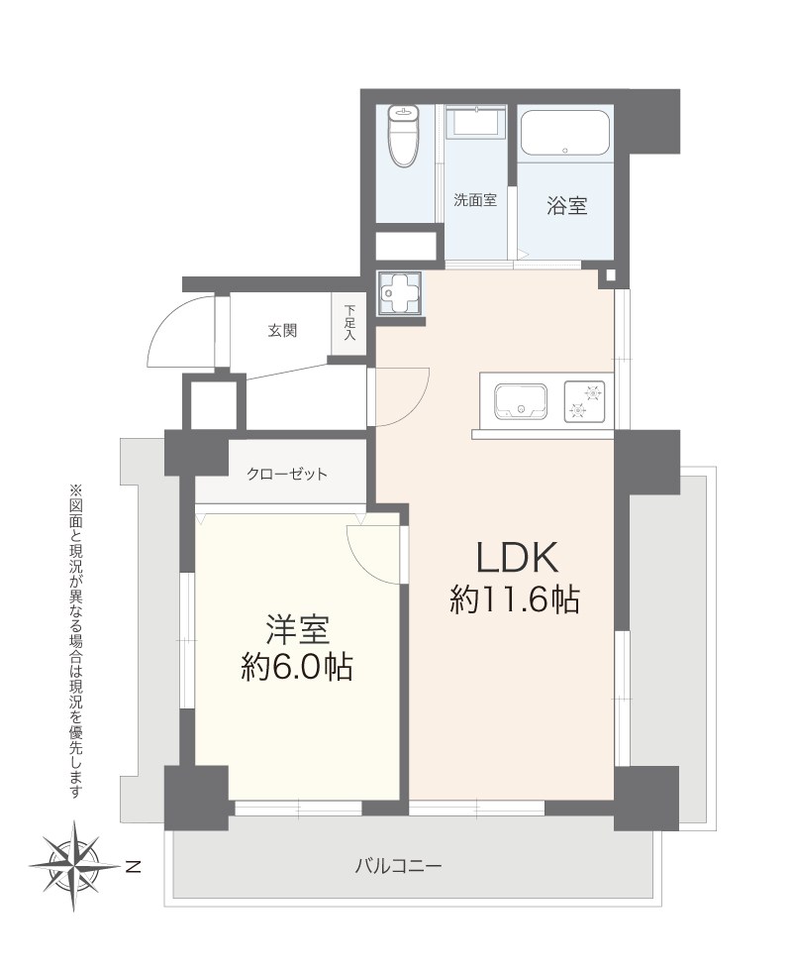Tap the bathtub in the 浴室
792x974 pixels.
click(564, 134)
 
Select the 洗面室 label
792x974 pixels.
click(475, 199)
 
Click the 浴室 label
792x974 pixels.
click(566, 206)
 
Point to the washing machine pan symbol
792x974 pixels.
click(400, 294)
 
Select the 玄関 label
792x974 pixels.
click(281, 331)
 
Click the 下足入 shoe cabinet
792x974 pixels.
click(349, 322)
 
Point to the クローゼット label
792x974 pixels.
click(287, 475)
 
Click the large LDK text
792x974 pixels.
click(519, 559)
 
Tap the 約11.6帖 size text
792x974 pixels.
click(515, 600)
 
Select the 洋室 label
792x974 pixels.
click(296, 630)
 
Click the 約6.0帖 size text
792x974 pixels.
click(296, 669)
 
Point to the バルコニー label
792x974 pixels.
click(398, 865)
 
